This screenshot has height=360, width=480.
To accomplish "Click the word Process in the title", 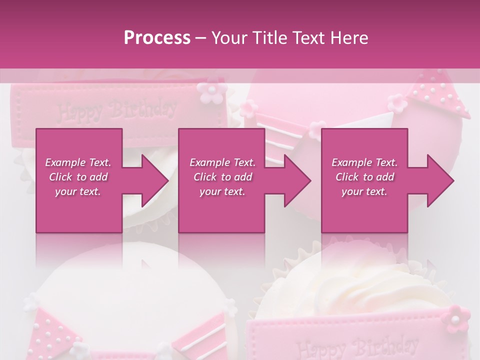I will point(157,38).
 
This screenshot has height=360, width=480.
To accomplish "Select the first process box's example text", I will point(78,177).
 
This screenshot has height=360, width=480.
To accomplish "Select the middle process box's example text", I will point(222,177).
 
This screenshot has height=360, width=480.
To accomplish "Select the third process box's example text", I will point(364,177).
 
